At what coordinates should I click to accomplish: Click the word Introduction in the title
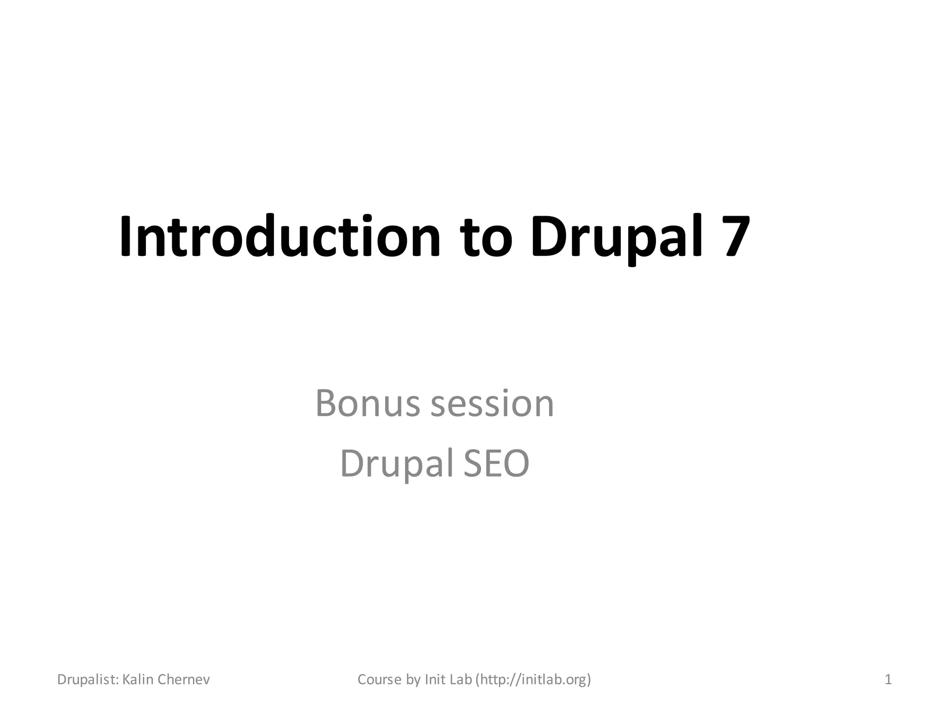(280, 237)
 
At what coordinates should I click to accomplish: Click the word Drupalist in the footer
(87, 680)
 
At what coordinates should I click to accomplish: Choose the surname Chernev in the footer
(184, 680)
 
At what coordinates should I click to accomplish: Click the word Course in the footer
(380, 680)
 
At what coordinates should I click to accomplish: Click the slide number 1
(888, 680)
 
